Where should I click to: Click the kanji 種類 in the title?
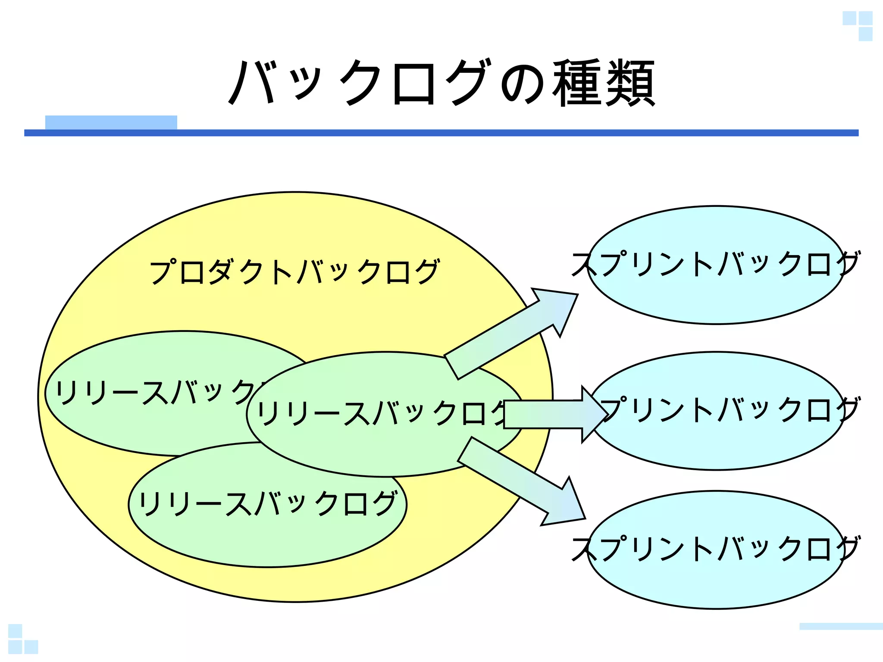(604, 83)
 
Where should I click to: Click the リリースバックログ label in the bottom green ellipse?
(267, 503)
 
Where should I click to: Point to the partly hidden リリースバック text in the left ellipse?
(155, 392)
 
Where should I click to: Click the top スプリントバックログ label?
(716, 264)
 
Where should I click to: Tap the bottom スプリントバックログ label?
(716, 548)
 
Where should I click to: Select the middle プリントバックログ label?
(729, 409)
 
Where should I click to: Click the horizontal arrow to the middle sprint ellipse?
(552, 414)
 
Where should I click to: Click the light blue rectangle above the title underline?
(111, 122)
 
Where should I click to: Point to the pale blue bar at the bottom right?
(841, 626)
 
